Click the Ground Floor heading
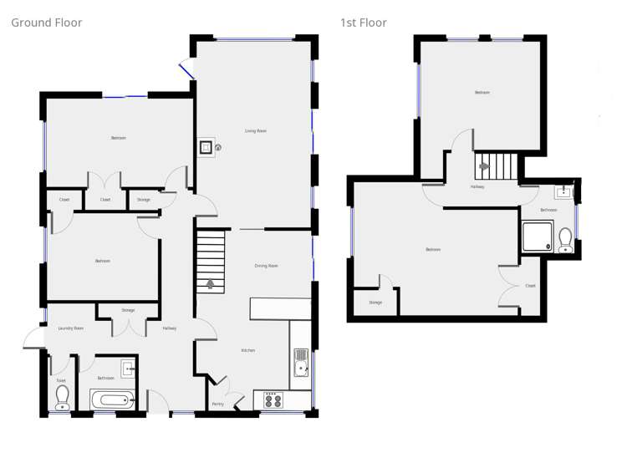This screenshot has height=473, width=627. (x=46, y=23)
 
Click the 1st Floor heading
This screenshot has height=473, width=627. (x=363, y=23)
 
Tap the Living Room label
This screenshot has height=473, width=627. (x=255, y=131)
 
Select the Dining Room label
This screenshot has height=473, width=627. (x=266, y=266)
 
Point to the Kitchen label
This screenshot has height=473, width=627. (x=248, y=350)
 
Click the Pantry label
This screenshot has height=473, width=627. (x=217, y=404)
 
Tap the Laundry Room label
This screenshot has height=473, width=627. (x=70, y=328)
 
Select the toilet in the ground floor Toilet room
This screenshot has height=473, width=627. (x=62, y=397)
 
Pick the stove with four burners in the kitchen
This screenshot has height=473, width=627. (x=273, y=400)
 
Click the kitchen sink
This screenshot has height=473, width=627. (x=301, y=361)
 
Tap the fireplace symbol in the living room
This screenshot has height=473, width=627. (x=206, y=148)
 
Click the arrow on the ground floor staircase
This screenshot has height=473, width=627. (x=210, y=284)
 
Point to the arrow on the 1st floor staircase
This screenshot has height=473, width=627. (x=484, y=166)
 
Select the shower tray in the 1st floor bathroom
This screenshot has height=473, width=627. (x=537, y=237)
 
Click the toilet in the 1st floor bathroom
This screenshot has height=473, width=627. (x=565, y=240)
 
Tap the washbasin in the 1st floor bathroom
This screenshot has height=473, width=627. (x=564, y=192)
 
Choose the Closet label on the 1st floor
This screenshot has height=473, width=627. (x=530, y=286)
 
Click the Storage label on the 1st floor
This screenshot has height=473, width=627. (x=375, y=303)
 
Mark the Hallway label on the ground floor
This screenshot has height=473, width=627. (x=170, y=328)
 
